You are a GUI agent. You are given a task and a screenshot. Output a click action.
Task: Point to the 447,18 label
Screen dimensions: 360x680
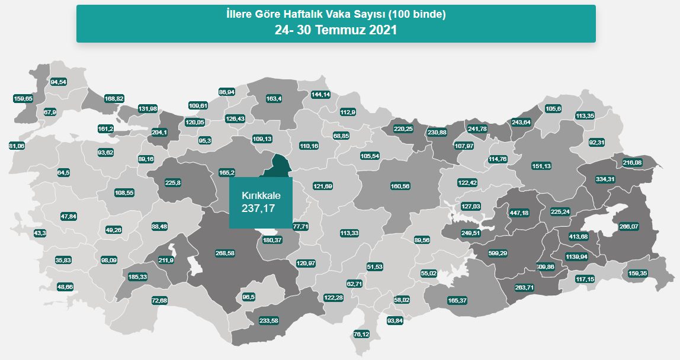click(x=519, y=213)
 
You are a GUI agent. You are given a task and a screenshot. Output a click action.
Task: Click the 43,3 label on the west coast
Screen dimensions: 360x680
click(x=40, y=233)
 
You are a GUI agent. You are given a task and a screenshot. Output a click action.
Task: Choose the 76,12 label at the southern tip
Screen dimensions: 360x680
click(x=361, y=335)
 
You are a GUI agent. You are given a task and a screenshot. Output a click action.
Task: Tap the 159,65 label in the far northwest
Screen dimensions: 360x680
click(x=23, y=98)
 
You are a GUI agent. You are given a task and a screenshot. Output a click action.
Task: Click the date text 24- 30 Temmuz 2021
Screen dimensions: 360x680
click(x=335, y=30)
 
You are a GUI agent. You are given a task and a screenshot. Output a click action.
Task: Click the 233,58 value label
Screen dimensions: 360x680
click(x=269, y=320)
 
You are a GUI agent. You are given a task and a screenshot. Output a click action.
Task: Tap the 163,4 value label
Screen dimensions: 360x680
click(x=274, y=98)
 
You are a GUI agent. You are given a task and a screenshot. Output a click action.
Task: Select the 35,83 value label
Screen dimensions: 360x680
click(x=63, y=261)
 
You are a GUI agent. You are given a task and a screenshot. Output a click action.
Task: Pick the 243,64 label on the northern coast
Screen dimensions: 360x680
click(x=521, y=122)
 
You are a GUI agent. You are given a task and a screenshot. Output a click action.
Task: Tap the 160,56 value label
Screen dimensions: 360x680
click(x=400, y=186)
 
